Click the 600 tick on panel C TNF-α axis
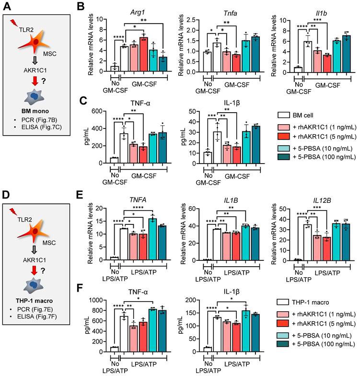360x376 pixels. (x=96, y=111)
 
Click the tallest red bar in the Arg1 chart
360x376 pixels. (x=143, y=53)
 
